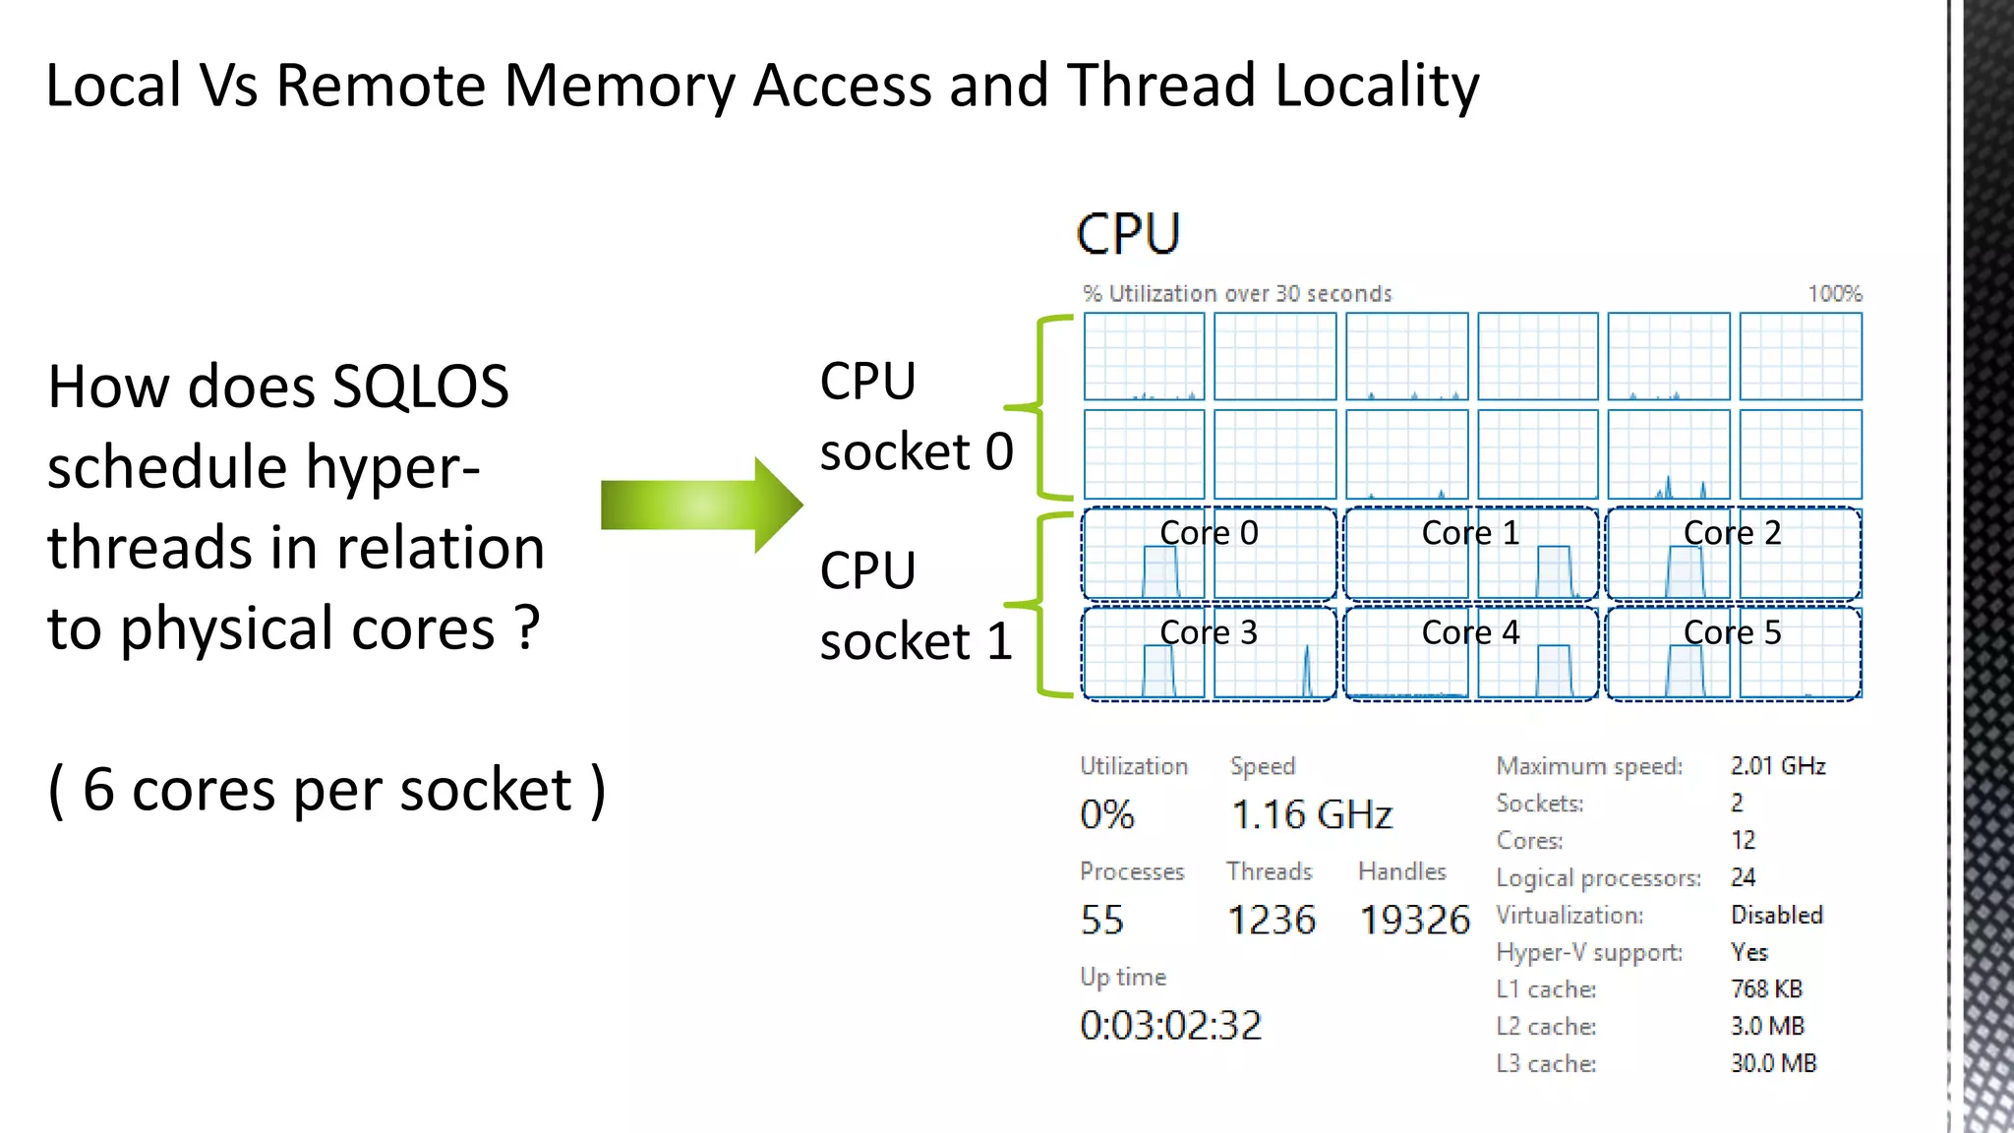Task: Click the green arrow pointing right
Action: pyautogui.click(x=700, y=506)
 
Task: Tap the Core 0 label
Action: pyautogui.click(x=1209, y=533)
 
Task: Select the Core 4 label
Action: pyautogui.click(x=1470, y=632)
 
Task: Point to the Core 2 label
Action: pyautogui.click(x=1732, y=533)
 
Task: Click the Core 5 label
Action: pyautogui.click(x=1732, y=632)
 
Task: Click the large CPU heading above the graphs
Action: pyautogui.click(x=1128, y=234)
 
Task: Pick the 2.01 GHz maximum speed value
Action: pyautogui.click(x=1777, y=766)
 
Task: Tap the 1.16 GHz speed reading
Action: pyautogui.click(x=1311, y=815)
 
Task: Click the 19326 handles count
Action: pyautogui.click(x=1414, y=921)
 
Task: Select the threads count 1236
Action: pyautogui.click(x=1271, y=921)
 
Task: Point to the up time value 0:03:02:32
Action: pyautogui.click(x=1170, y=1026)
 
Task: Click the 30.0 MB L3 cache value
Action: pyautogui.click(x=1773, y=1063)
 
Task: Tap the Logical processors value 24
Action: pyautogui.click(x=1743, y=877)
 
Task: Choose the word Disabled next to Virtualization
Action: pyautogui.click(x=1776, y=915)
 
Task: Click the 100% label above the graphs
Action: pyautogui.click(x=1834, y=294)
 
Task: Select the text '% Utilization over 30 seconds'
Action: pyautogui.click(x=1237, y=294)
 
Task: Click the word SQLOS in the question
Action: pyautogui.click(x=420, y=387)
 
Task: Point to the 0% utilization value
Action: pyautogui.click(x=1106, y=815)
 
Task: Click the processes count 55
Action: pyautogui.click(x=1101, y=921)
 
